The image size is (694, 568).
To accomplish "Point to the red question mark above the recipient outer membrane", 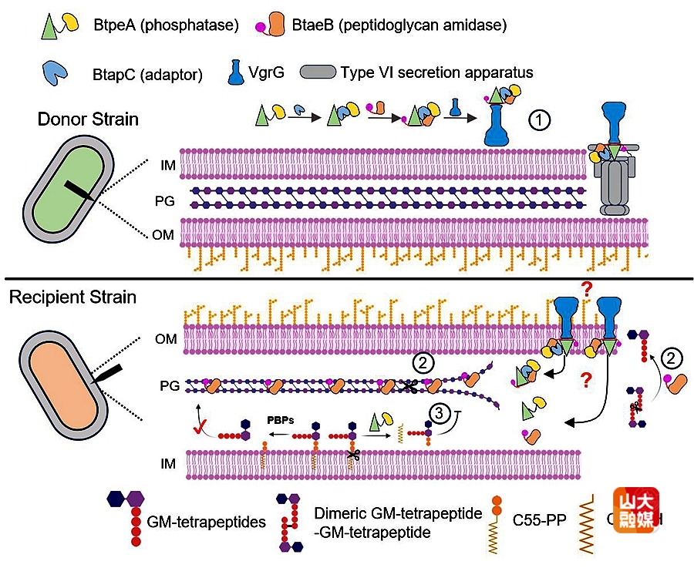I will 587,290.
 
